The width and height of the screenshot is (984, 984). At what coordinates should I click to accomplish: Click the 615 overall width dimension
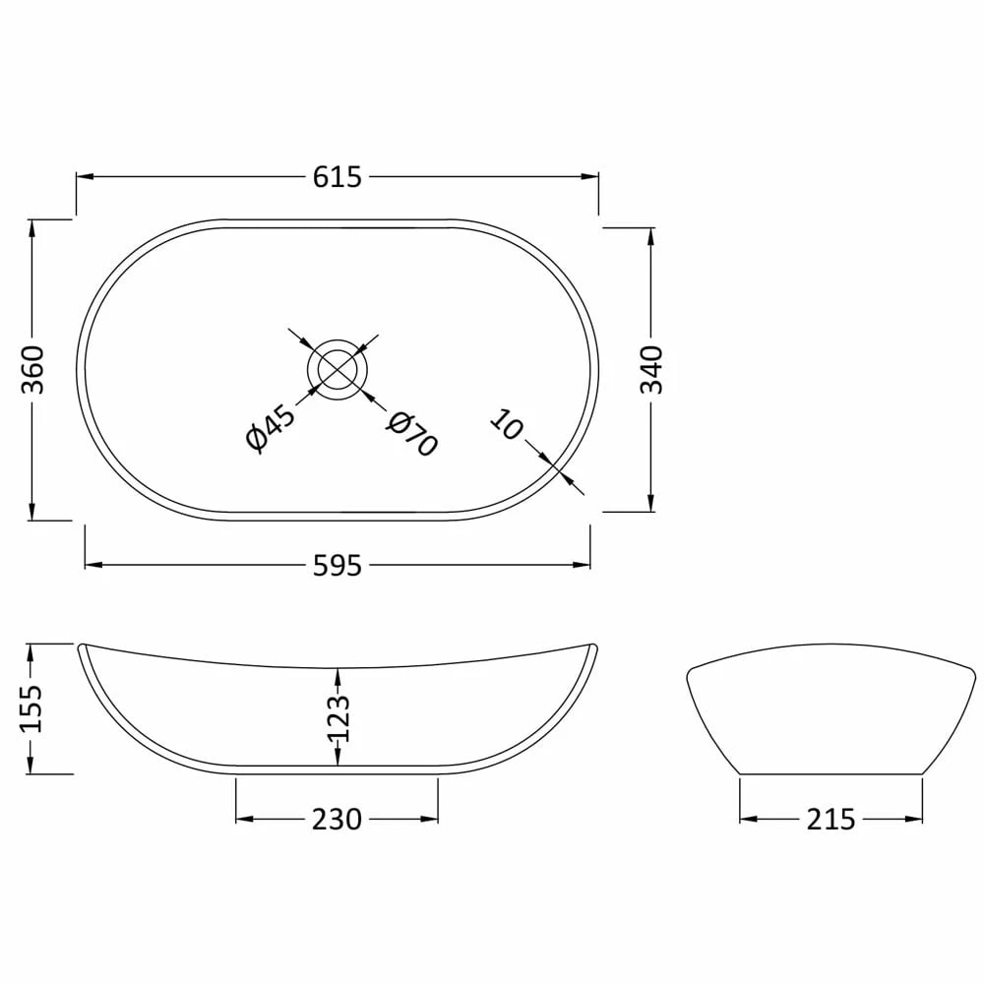(x=338, y=177)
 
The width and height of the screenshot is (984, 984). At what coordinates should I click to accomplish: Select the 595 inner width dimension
(x=338, y=566)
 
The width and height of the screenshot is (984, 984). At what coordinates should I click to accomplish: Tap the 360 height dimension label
(x=32, y=369)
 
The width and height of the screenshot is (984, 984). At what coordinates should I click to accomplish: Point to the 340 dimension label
(x=651, y=370)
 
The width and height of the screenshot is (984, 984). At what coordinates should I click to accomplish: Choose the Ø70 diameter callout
(x=411, y=434)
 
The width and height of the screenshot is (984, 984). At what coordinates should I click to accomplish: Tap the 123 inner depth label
(x=338, y=718)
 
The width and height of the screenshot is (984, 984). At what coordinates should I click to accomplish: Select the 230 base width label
(x=338, y=819)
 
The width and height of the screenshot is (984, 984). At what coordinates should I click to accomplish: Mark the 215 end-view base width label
(x=830, y=819)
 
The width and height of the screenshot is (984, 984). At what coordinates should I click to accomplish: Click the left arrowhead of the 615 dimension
(x=85, y=177)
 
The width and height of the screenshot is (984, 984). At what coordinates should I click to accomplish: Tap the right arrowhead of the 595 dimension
(x=583, y=565)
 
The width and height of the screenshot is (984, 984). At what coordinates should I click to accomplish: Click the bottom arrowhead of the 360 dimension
(x=32, y=511)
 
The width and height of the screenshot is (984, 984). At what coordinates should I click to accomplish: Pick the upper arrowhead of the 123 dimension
(x=338, y=675)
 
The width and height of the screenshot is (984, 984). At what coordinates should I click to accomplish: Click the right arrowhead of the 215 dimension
(x=915, y=819)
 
